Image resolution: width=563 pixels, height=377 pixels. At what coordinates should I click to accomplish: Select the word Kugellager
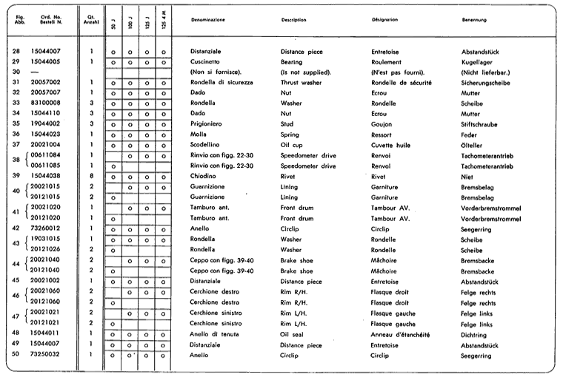tap(478, 61)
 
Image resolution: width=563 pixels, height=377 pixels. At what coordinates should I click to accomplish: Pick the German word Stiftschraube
tap(481, 123)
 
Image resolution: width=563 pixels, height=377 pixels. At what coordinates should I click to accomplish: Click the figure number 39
tap(16, 176)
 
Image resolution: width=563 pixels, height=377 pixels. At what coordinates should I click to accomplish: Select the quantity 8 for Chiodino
tap(91, 176)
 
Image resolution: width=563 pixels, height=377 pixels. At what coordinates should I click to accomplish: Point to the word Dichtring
tap(474, 333)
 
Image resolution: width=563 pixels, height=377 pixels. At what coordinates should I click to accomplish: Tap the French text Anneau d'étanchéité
tap(402, 333)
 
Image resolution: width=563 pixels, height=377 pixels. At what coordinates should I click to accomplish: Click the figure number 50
tap(16, 354)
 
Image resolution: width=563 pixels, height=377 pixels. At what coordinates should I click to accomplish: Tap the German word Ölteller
tap(473, 144)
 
